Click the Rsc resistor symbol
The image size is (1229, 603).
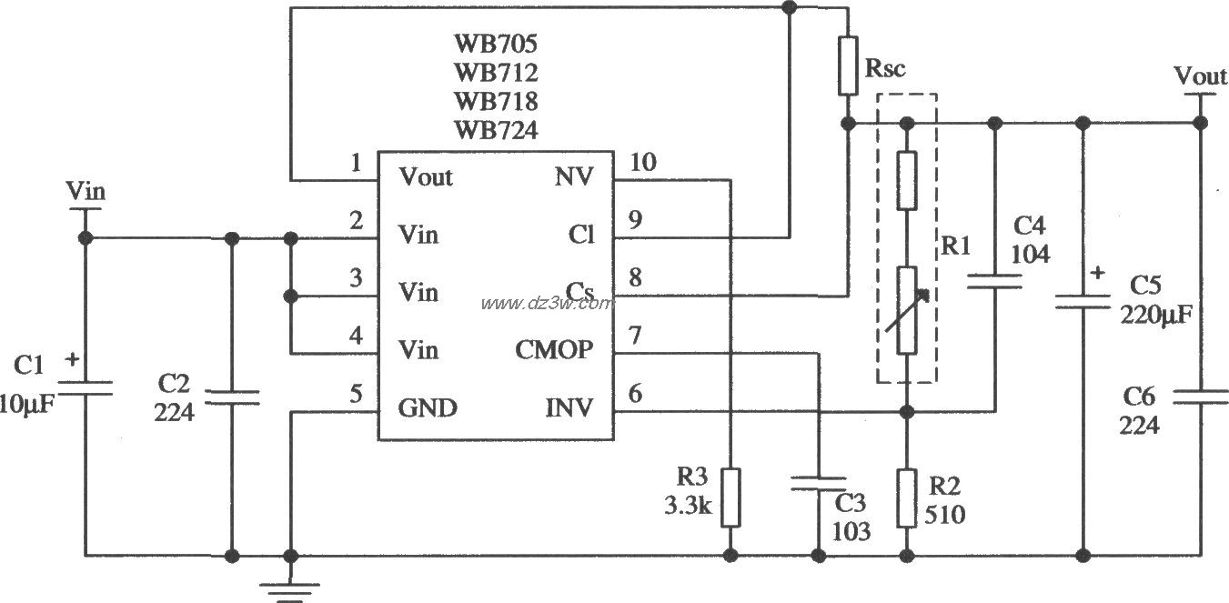click(x=847, y=66)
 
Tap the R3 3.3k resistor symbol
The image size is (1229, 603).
click(x=730, y=497)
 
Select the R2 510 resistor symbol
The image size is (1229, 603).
click(x=906, y=497)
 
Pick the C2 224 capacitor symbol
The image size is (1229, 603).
click(x=232, y=397)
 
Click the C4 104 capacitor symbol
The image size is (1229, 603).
click(x=994, y=283)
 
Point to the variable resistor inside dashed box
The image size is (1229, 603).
click(x=906, y=310)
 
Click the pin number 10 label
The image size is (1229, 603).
click(x=642, y=164)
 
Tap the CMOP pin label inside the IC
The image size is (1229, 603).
click(x=555, y=349)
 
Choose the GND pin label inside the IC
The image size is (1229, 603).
click(x=427, y=407)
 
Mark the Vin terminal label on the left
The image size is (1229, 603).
click(x=86, y=191)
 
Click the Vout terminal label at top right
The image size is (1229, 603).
click(x=1200, y=76)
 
